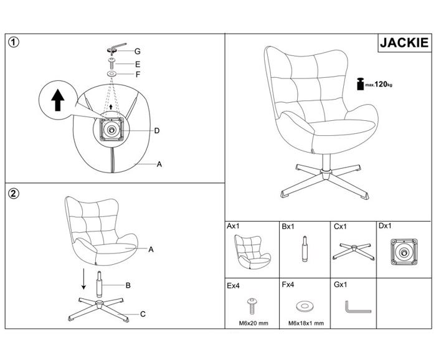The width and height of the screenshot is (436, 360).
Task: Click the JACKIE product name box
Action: [404, 42]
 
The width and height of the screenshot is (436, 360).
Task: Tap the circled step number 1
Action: [14, 42]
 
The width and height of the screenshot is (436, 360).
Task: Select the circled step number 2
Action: [14, 194]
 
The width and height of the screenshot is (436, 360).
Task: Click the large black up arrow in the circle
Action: [58, 100]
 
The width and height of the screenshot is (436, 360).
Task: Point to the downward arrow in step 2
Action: [83, 279]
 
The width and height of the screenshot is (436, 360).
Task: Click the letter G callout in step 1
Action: [138, 52]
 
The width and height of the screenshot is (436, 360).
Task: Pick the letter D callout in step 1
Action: [157, 131]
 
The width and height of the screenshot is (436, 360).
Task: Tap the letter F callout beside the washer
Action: [138, 75]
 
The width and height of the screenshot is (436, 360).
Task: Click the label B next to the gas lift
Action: [128, 285]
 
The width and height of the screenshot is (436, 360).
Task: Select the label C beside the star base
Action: [143, 314]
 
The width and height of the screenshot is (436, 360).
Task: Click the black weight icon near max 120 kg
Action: [360, 83]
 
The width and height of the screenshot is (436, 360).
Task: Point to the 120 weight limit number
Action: [381, 84]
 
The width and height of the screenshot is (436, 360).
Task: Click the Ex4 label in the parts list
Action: [233, 286]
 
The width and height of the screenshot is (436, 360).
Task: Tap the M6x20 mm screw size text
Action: [254, 323]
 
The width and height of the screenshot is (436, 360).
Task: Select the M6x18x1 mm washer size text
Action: [306, 323]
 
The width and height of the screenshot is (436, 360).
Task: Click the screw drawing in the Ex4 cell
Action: [252, 306]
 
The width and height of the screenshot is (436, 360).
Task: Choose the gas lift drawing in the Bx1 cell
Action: [305, 249]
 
